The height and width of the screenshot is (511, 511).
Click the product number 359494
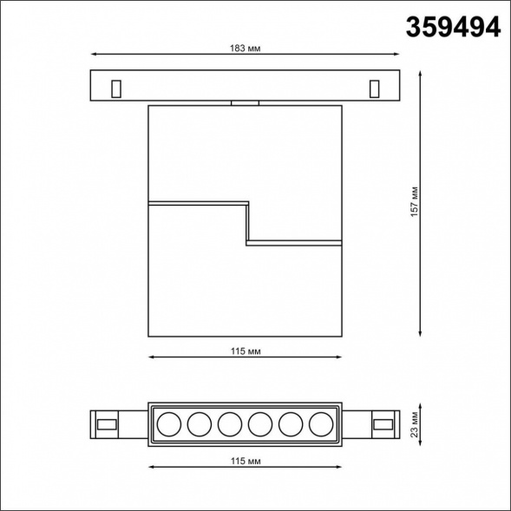click(x=453, y=27)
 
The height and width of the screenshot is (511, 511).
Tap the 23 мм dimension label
click(x=415, y=424)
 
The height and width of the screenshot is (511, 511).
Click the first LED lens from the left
click(x=167, y=424)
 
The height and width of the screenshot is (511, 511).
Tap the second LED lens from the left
click(x=199, y=424)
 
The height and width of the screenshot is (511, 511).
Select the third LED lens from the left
click(x=229, y=424)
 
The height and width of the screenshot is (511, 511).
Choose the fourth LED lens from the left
click(x=259, y=424)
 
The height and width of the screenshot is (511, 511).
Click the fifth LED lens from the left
click(x=290, y=424)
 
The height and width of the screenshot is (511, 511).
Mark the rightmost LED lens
click(x=320, y=424)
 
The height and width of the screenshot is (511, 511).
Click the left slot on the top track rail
click(x=115, y=88)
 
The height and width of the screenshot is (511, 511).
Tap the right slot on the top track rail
click(x=374, y=88)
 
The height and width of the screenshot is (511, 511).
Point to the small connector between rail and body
click(x=246, y=103)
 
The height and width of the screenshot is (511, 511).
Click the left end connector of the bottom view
click(x=108, y=424)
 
